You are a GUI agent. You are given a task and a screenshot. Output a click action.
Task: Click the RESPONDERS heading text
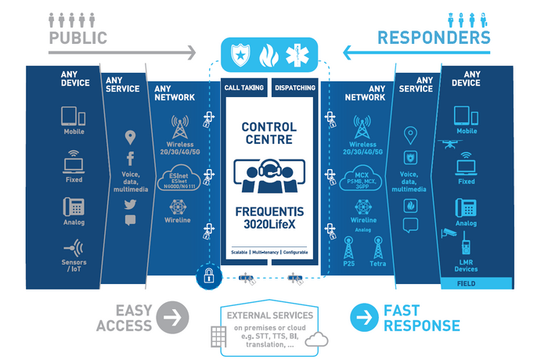tap(434, 38)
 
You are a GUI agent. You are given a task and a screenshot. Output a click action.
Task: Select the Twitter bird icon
tap(131, 203)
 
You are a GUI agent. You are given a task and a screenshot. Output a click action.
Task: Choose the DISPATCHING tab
tap(296, 89)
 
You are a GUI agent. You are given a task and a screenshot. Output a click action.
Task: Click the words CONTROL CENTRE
tap(269, 133)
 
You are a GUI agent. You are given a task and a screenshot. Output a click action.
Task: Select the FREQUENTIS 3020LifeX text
tap(269, 218)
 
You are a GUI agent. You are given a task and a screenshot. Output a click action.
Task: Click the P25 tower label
tap(348, 265)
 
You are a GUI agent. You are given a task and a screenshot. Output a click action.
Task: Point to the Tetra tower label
tap(377, 265)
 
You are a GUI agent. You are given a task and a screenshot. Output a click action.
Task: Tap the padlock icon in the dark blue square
tap(209, 275)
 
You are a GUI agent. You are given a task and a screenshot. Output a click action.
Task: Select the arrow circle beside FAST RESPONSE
tap(362, 319)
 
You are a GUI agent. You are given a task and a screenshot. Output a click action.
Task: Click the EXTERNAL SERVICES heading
tap(270, 315)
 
